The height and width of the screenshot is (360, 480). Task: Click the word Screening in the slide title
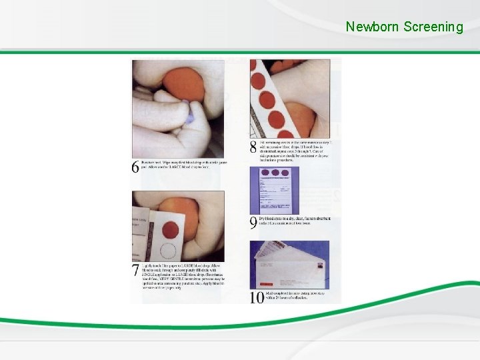pyautogui.click(x=433, y=27)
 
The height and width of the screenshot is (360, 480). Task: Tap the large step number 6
pyautogui.click(x=136, y=167)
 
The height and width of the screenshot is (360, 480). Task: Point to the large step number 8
pyautogui.click(x=253, y=147)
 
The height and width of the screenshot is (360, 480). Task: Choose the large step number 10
pyautogui.click(x=257, y=297)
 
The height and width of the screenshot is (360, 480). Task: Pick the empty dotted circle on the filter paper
pyautogui.click(x=170, y=251)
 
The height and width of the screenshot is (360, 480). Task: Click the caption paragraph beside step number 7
pyautogui.click(x=184, y=275)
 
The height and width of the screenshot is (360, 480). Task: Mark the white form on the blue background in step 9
pyautogui.click(x=274, y=190)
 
